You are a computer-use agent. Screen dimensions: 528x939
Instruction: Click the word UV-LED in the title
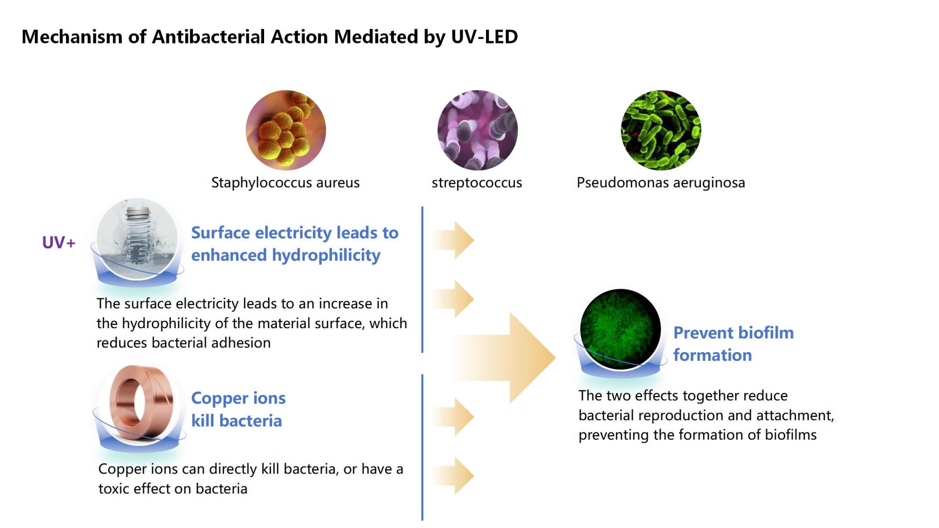(484, 37)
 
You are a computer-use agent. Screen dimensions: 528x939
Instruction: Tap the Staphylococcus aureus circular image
(286, 130)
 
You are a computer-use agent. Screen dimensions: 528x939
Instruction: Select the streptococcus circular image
(477, 130)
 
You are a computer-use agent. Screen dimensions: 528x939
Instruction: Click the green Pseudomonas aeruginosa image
(661, 130)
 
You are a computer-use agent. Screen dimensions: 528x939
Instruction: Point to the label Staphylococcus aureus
(285, 182)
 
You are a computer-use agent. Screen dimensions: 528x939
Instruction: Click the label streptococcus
(477, 182)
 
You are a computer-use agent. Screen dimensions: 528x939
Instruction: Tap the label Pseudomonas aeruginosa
(661, 182)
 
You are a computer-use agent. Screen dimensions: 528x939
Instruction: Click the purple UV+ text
(59, 242)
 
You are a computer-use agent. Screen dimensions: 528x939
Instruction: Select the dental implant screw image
(137, 238)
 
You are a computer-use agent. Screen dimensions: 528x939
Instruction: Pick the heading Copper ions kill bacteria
(238, 409)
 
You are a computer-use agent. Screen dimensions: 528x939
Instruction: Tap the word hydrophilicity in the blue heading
(326, 255)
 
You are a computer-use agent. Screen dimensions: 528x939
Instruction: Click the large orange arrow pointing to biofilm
(509, 357)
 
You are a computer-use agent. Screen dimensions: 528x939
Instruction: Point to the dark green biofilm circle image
(620, 329)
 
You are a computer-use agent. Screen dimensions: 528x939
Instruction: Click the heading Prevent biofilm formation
(733, 344)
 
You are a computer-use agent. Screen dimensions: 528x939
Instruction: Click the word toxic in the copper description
(115, 489)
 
